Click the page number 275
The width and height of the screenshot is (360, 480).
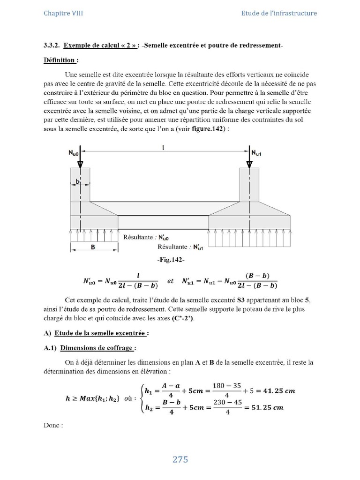180,459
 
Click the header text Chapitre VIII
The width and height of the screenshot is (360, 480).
63,13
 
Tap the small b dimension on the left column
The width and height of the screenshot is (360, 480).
78,180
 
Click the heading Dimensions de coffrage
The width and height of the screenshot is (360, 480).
98,348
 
